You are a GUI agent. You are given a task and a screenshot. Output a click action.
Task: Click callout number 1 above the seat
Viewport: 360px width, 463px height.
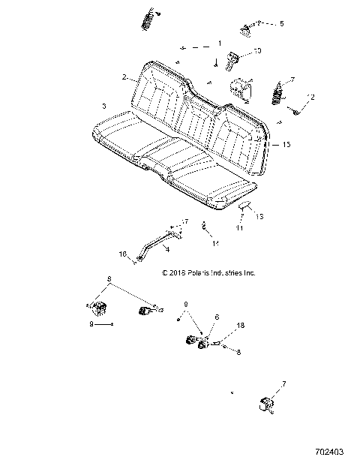pyautogui.click(x=220, y=44)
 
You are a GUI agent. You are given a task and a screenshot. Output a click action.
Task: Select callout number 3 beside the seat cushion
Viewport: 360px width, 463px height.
pyautogui.click(x=103, y=105)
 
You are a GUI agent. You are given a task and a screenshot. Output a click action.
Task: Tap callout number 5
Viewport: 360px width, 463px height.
pyautogui.click(x=282, y=24)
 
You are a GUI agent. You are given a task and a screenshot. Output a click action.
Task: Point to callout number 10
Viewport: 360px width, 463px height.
pyautogui.click(x=257, y=51)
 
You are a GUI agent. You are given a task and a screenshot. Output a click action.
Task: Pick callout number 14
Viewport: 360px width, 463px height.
pyautogui.click(x=214, y=243)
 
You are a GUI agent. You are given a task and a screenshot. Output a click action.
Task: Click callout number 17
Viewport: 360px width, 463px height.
pyautogui.click(x=182, y=221)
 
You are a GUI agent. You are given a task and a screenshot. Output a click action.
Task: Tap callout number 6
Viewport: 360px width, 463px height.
pyautogui.click(x=217, y=317)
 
